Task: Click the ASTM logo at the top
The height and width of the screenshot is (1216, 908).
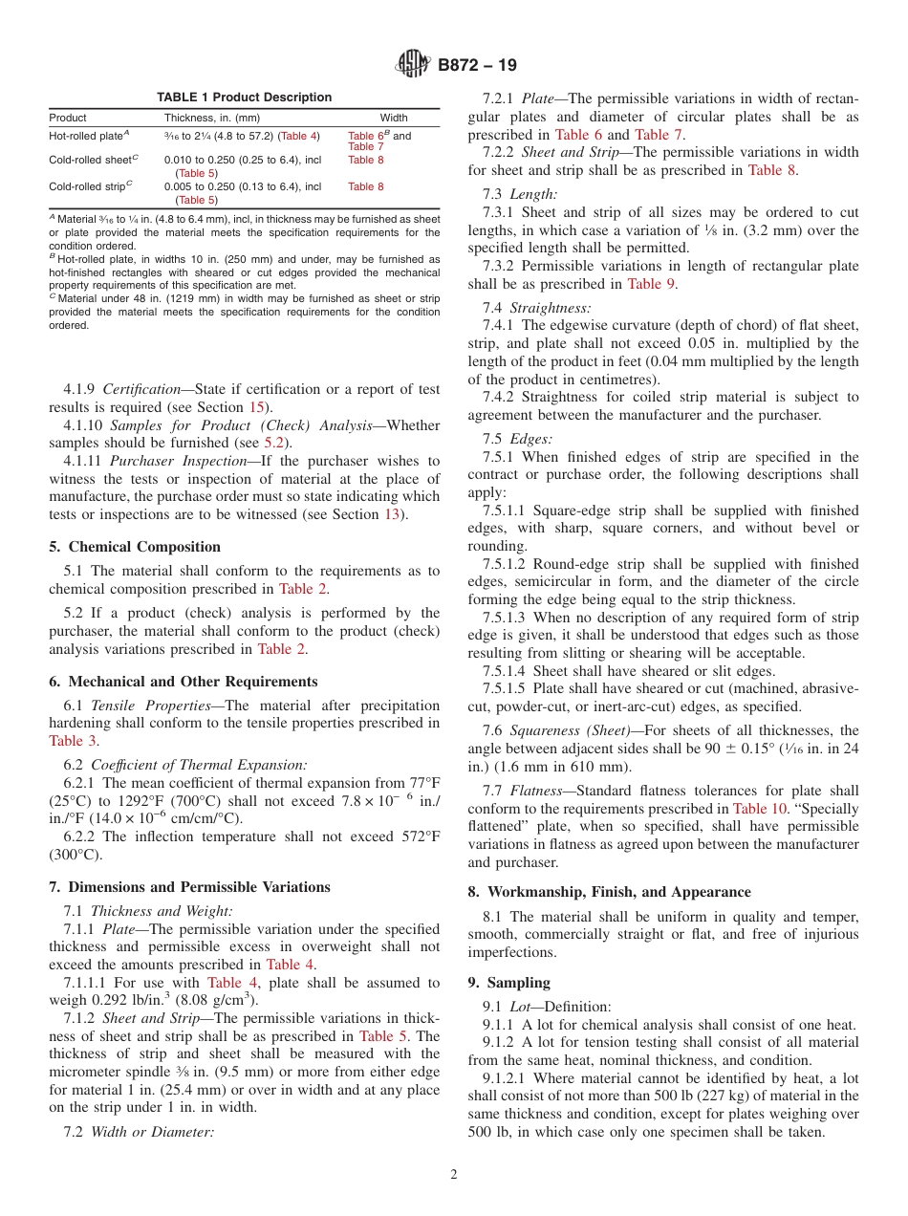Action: coord(413,65)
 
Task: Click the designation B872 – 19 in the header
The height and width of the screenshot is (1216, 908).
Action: coord(477,65)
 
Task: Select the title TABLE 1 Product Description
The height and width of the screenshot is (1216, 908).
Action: coord(244,98)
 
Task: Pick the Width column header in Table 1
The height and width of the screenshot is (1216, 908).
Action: coord(394,118)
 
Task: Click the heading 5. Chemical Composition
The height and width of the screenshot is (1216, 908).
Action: coord(135,547)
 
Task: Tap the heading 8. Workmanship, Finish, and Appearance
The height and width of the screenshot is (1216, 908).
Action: coord(609,892)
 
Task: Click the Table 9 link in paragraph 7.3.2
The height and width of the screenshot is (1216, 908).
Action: coord(650,284)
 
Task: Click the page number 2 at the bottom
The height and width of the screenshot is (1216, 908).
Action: coord(454,1175)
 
